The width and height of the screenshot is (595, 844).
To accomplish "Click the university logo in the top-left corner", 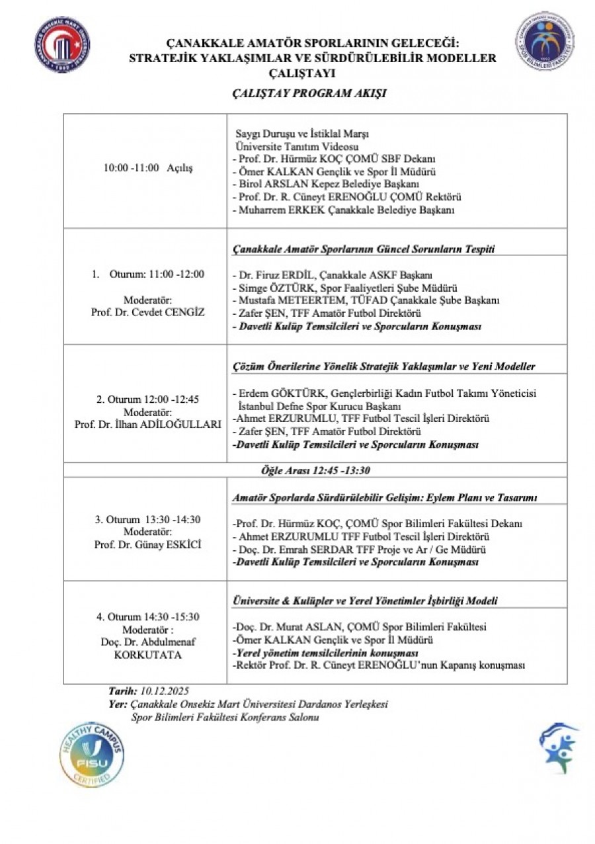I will (x=62, y=44).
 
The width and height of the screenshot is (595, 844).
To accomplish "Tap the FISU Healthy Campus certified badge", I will (x=92, y=753).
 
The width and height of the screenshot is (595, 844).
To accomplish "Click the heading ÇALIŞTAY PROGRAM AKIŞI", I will (x=309, y=93).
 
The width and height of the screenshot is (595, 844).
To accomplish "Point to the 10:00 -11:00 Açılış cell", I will (x=148, y=168).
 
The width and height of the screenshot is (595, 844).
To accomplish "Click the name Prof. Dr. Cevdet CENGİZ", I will (x=148, y=312).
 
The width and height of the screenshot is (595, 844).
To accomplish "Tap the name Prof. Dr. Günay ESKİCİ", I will (x=148, y=544).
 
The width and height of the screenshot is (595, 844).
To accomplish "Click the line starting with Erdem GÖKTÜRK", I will (x=385, y=393).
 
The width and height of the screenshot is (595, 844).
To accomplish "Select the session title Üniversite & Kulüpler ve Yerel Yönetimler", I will (x=365, y=601).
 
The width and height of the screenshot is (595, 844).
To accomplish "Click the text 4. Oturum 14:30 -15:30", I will (x=148, y=616).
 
